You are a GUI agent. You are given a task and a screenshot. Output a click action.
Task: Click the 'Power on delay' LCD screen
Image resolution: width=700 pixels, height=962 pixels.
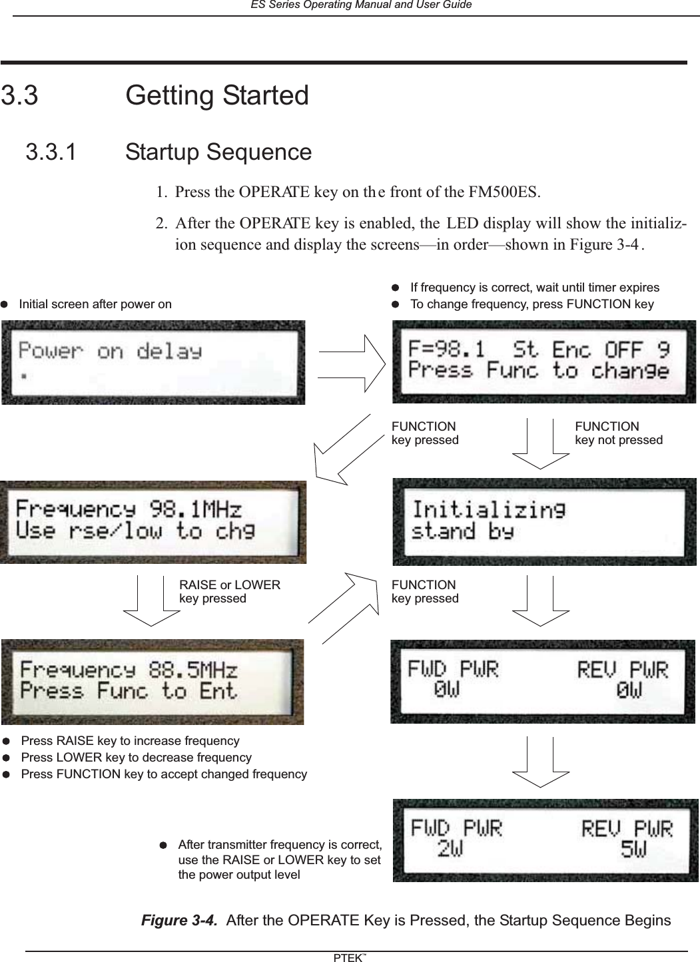[x=153, y=362]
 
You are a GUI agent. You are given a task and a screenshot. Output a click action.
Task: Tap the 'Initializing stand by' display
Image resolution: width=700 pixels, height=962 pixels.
[x=544, y=521]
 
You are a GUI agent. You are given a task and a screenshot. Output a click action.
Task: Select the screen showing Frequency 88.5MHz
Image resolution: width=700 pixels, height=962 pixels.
[x=153, y=681]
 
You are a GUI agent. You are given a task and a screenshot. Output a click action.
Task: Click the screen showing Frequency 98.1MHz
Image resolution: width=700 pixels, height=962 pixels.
[x=153, y=521]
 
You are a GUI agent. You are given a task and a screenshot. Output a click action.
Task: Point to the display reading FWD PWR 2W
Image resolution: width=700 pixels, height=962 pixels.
[x=544, y=840]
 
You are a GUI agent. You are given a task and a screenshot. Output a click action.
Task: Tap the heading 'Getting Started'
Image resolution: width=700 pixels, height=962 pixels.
[x=217, y=95]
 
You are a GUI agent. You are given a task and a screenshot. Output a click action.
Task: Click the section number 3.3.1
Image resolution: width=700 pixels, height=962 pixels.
[x=51, y=152]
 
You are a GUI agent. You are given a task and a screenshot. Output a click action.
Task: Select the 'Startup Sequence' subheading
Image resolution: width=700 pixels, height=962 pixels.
[x=218, y=152]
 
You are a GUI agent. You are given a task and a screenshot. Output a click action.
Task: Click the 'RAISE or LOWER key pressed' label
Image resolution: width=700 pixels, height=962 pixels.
[x=230, y=591]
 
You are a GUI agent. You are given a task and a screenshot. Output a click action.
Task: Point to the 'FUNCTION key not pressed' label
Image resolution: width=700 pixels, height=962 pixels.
[x=618, y=433]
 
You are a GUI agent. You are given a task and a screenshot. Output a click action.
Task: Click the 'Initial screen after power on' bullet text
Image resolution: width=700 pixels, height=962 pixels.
[x=95, y=304]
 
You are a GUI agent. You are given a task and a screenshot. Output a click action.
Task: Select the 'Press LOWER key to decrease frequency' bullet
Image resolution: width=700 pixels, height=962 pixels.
[x=136, y=758]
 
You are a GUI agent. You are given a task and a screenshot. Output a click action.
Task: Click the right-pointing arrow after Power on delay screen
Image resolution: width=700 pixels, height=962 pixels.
[x=352, y=363]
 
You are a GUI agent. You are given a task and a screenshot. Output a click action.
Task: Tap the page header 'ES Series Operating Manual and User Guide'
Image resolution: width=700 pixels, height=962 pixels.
[x=360, y=5]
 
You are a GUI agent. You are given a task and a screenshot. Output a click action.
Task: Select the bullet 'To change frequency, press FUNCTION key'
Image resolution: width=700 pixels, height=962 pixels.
[x=531, y=304]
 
